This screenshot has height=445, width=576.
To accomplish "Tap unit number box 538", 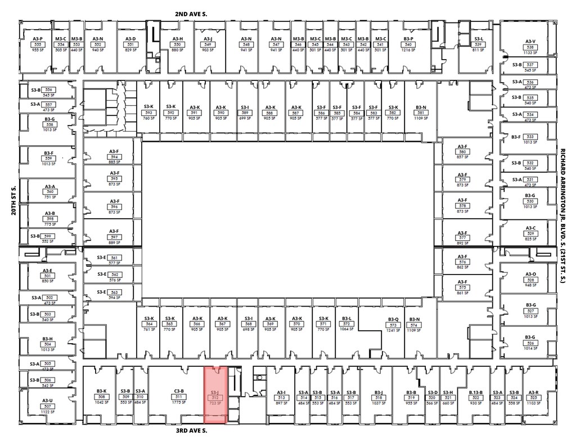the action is pyautogui.click(x=530, y=47).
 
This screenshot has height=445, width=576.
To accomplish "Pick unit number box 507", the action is pyautogui.click(x=47, y=406).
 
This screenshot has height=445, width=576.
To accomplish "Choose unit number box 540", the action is pyautogui.click(x=408, y=44).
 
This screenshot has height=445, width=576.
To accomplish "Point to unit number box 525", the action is pyautogui.click(x=533, y=398).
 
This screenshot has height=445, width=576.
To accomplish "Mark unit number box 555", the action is pyautogui.click(x=38, y=44).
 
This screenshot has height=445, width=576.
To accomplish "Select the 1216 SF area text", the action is pyautogui.click(x=408, y=50).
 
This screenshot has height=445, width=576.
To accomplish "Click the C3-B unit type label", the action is pyautogui.click(x=179, y=392).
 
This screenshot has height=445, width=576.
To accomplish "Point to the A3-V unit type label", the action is pyautogui.click(x=530, y=41).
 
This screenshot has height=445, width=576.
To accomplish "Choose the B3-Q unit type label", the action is pyautogui.click(x=393, y=320).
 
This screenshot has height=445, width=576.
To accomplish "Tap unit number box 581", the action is pyautogui.click(x=420, y=113).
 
